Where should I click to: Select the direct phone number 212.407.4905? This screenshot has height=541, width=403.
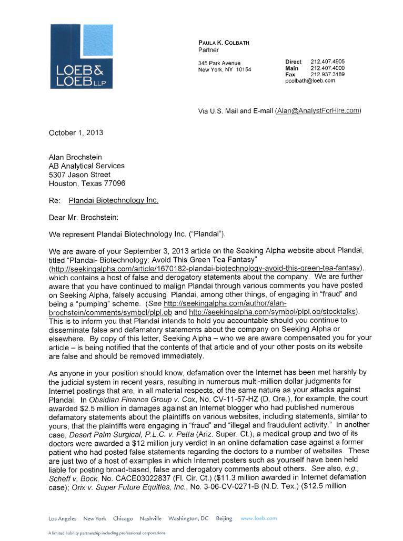327,62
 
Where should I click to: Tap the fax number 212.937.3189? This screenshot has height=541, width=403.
327,75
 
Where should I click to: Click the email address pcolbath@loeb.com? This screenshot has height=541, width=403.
310,81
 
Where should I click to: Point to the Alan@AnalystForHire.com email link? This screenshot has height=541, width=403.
318,110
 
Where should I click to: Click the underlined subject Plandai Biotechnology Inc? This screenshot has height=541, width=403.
113,200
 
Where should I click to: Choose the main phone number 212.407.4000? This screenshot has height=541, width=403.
327,68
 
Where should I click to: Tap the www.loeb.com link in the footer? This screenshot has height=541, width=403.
258,518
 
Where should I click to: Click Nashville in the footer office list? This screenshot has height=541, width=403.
150,518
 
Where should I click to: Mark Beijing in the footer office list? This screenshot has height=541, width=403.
224,518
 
